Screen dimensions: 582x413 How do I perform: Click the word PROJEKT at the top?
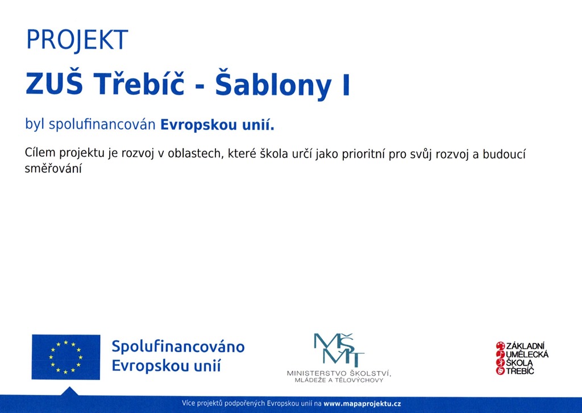pyautogui.click(x=77, y=40)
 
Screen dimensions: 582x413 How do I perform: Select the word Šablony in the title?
pyautogui.click(x=273, y=84)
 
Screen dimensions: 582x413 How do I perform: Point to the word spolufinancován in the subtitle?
pyautogui.click(x=102, y=124)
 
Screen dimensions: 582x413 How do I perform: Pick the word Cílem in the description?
pyautogui.click(x=40, y=152)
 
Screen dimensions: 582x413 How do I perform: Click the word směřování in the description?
pyautogui.click(x=53, y=168)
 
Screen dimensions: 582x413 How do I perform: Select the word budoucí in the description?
pyautogui.click(x=504, y=153)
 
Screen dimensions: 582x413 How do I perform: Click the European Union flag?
pyautogui.click(x=66, y=357)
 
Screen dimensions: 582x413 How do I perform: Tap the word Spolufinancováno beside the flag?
pyautogui.click(x=178, y=347)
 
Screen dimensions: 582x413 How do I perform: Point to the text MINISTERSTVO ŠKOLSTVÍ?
pyautogui.click(x=339, y=373)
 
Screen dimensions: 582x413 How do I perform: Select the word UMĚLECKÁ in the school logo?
pyautogui.click(x=527, y=354)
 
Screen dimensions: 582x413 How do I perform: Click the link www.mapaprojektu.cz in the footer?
pyautogui.click(x=362, y=404)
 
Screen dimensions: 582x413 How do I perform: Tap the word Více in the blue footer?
pyautogui.click(x=188, y=403)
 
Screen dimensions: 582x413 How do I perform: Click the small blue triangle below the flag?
pyautogui.click(x=69, y=391)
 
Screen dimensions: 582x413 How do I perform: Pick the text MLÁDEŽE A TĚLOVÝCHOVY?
pyautogui.click(x=339, y=380)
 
